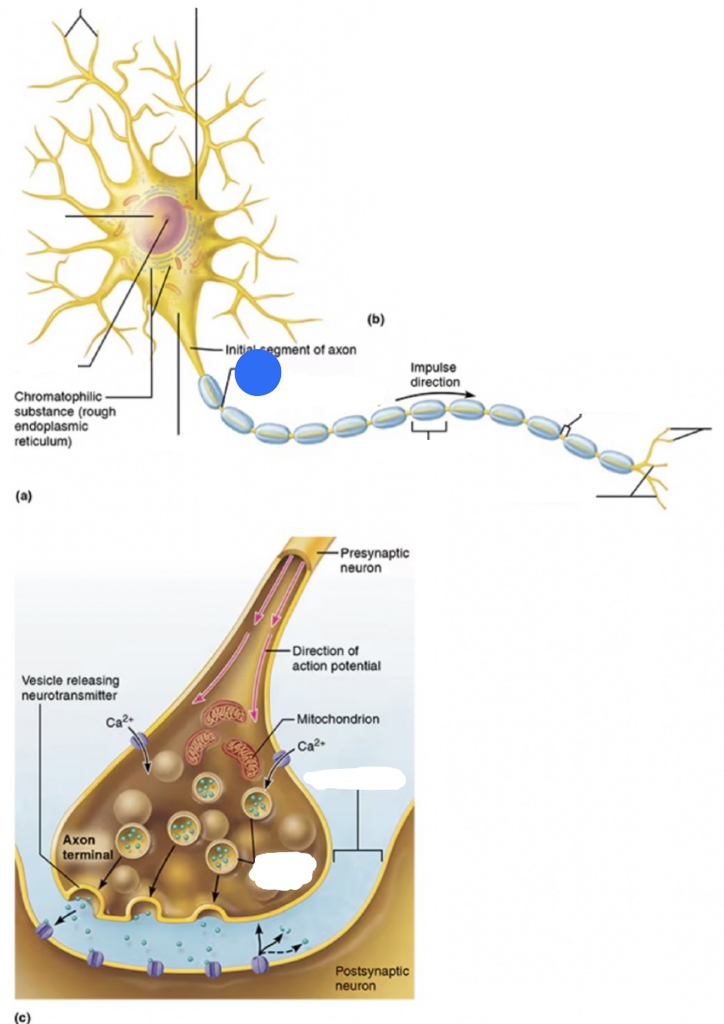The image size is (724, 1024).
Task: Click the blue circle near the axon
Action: (x=258, y=372)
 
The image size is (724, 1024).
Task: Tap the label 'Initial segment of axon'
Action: (x=290, y=350)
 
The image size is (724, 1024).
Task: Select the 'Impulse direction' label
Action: (x=434, y=374)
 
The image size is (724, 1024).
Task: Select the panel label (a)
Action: (x=23, y=495)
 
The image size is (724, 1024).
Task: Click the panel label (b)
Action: (x=376, y=318)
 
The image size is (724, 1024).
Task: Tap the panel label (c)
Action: (x=23, y=1017)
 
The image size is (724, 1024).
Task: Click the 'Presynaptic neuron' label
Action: (x=374, y=560)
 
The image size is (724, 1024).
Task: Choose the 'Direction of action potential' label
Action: (x=336, y=658)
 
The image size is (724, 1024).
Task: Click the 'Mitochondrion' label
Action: (x=338, y=719)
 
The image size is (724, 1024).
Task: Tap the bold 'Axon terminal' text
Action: (x=87, y=847)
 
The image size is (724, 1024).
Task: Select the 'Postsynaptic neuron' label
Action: (x=371, y=978)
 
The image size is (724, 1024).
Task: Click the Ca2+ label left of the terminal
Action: (x=119, y=721)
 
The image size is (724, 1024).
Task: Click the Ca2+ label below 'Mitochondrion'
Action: (x=311, y=745)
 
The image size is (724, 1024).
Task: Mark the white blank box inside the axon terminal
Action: (x=283, y=869)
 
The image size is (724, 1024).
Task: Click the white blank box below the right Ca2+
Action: (x=355, y=778)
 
